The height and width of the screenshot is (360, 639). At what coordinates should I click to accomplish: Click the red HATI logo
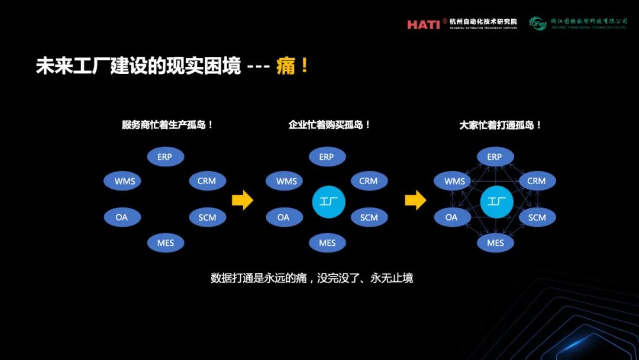point(423,24)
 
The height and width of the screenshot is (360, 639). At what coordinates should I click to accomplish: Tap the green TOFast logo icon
point(537,23)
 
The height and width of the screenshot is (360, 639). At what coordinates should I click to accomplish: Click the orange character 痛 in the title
point(286,66)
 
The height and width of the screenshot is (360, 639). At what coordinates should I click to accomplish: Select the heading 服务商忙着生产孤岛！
point(167,126)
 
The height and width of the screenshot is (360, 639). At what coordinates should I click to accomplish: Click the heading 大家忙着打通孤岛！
point(501,126)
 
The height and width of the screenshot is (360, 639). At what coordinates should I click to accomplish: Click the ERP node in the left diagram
point(165,157)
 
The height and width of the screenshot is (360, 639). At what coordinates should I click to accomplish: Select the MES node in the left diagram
point(166,243)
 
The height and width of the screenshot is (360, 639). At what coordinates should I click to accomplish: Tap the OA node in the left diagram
point(122,217)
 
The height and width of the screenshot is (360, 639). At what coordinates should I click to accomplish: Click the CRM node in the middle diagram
point(369,181)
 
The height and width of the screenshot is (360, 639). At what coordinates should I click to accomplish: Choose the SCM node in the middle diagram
point(369,217)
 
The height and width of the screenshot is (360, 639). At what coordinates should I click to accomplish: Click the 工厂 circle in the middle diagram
point(328,202)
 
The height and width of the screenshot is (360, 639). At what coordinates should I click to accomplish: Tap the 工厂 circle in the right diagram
point(496,202)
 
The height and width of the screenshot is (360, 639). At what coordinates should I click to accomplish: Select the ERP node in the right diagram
point(495,157)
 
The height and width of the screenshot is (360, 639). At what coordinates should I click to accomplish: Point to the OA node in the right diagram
point(451,217)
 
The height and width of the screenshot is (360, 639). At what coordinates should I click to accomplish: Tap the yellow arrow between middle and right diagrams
point(415,200)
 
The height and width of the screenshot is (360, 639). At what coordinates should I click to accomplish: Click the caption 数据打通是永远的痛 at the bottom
point(311,278)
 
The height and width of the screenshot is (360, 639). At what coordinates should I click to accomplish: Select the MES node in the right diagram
point(495,243)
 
